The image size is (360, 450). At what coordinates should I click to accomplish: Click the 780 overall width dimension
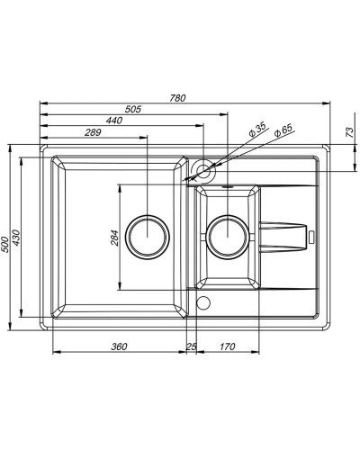[x=177, y=98]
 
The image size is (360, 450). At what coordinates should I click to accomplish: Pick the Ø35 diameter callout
[x=256, y=131]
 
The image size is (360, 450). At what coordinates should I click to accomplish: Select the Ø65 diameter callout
[x=282, y=131]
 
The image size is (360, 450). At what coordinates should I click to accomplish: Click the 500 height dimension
[x=7, y=238]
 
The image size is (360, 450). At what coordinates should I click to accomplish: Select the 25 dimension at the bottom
[x=191, y=346]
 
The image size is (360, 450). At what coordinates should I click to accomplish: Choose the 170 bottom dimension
[x=227, y=346]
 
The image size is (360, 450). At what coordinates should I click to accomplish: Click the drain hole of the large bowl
[x=146, y=238]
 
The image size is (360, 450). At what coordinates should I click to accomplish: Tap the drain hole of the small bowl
[x=227, y=238]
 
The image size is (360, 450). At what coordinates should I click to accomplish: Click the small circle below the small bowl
[x=202, y=301]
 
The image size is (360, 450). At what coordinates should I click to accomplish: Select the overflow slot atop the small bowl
[x=227, y=189]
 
